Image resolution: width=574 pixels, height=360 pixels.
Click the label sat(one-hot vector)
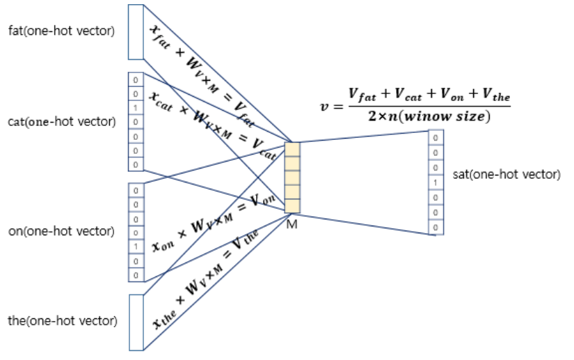point(506,174)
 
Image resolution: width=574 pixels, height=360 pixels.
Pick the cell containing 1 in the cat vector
point(136,107)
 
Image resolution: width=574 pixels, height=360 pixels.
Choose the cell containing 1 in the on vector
point(136,245)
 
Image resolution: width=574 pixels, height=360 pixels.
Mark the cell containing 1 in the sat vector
point(436,182)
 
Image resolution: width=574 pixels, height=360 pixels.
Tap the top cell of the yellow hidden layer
point(292,150)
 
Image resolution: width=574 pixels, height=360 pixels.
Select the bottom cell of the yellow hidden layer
point(292,206)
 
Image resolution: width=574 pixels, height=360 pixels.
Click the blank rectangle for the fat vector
point(136,32)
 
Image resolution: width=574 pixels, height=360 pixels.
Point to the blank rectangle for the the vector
point(136,322)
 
